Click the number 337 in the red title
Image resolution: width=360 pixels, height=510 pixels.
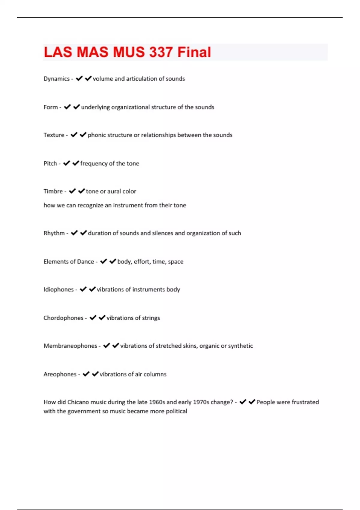tap(160, 52)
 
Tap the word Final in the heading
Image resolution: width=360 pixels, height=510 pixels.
tap(194, 52)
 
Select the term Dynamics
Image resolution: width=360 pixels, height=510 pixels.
tap(56, 79)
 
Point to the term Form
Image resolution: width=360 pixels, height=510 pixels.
tap(50, 107)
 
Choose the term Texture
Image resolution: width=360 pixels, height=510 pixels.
tap(54, 135)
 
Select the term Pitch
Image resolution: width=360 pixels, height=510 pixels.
tap(50, 163)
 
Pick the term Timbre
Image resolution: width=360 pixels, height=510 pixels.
tap(53, 191)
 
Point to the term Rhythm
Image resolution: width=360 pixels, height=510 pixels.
tap(54, 233)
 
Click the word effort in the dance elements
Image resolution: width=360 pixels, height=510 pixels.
tap(142, 262)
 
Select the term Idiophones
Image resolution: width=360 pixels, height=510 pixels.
tap(58, 289)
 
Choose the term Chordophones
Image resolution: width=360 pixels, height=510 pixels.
tap(63, 318)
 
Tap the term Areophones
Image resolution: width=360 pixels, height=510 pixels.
tap(60, 374)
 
